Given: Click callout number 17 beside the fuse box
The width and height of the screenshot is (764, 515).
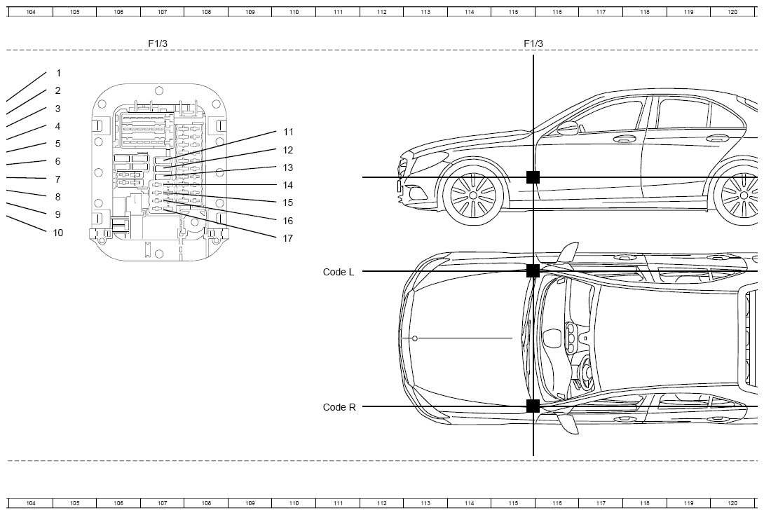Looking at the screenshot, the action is [288, 238].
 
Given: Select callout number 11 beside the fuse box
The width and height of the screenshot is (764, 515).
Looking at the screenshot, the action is [289, 132].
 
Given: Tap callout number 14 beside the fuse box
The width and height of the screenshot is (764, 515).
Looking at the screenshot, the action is [288, 185].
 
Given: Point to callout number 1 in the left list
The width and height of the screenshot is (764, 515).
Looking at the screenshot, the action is [58, 73].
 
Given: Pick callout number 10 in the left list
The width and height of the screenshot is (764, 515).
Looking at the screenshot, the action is [58, 233].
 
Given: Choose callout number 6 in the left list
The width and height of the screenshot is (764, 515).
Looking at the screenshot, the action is [57, 161].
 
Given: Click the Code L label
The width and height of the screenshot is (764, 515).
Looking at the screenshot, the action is [339, 272].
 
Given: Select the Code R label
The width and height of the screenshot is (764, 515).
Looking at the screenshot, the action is [339, 407].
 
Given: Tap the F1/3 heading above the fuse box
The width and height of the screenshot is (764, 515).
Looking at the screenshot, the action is [158, 43].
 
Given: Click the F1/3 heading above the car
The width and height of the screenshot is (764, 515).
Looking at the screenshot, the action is [533, 43].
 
